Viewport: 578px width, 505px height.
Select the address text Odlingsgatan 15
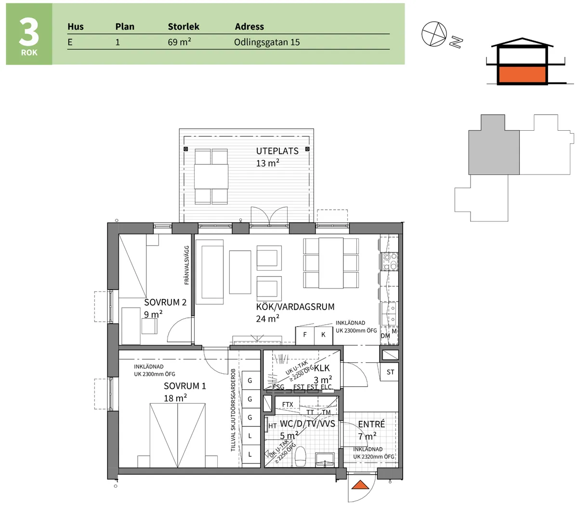coord(267,42)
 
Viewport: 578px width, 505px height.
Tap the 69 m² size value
coord(179,42)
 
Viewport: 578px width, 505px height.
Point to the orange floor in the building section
coord(522,75)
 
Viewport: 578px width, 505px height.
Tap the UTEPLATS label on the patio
coord(277,151)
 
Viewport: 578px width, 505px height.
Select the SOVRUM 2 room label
coord(165,302)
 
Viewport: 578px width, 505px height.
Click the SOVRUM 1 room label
coord(184,386)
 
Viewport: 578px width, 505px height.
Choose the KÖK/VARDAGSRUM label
coord(295,307)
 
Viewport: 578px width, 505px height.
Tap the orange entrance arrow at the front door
coord(360,485)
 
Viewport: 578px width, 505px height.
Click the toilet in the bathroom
coord(301,456)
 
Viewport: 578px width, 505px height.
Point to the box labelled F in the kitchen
coord(304,335)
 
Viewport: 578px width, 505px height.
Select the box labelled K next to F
coord(323,335)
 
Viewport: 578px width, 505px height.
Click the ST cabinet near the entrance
coord(390,372)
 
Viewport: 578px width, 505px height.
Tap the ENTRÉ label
coord(371,424)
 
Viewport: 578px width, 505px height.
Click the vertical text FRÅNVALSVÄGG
coord(187,265)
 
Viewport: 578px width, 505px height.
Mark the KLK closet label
coord(321,369)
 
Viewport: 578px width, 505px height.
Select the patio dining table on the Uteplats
coord(211,177)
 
